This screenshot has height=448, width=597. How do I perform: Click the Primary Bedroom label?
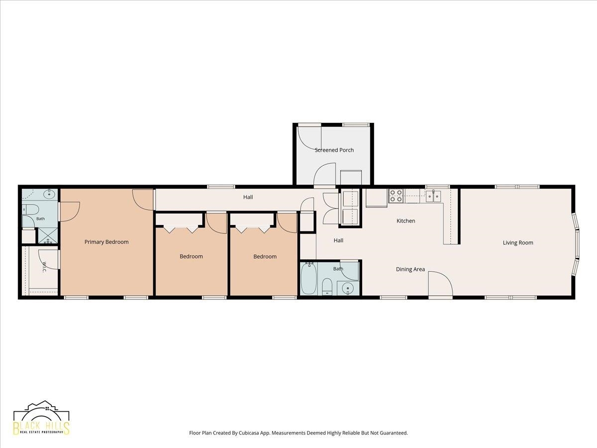[x=106, y=242]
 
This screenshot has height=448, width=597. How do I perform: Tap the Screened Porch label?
[x=334, y=150]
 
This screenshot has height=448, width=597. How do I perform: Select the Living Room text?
[x=518, y=242]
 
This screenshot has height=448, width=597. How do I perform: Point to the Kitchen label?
[x=406, y=221]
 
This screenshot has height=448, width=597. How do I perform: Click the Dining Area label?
[x=410, y=269]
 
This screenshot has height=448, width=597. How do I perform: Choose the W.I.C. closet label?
[x=44, y=267]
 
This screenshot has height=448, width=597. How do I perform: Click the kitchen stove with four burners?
[x=396, y=196]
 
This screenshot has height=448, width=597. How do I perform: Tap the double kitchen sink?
[x=433, y=196]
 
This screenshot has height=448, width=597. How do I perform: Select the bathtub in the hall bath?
[x=309, y=278]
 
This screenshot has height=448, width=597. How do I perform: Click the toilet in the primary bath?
[x=31, y=210]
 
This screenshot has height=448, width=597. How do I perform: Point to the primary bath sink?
[x=49, y=194]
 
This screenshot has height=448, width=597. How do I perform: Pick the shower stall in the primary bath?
[x=48, y=236]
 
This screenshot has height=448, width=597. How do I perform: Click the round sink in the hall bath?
[x=348, y=288]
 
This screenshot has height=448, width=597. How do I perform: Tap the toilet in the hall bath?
[x=327, y=286]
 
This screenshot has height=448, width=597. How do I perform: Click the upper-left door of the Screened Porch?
[x=310, y=139]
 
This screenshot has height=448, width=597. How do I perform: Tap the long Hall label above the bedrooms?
[x=248, y=197]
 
